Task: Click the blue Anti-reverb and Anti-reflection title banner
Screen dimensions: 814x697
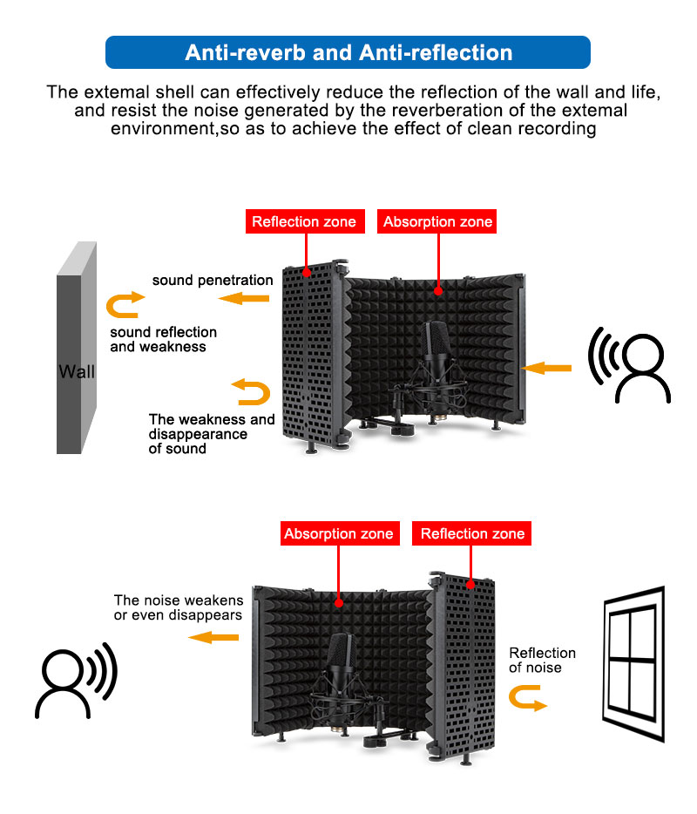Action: click(x=348, y=52)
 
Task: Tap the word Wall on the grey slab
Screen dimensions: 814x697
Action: click(x=77, y=372)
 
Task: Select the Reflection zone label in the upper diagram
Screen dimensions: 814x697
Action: click(x=304, y=221)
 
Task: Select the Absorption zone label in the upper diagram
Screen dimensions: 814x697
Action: click(x=438, y=221)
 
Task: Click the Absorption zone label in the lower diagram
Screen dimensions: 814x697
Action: click(x=338, y=533)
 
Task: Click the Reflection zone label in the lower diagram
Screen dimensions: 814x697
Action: click(x=472, y=533)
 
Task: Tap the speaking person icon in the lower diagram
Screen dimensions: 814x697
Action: click(x=75, y=679)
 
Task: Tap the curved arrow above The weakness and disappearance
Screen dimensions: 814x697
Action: click(x=250, y=391)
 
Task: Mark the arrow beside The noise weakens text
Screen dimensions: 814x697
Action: click(x=213, y=638)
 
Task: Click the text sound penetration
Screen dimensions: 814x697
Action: click(x=213, y=281)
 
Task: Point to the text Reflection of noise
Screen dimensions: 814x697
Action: click(x=542, y=660)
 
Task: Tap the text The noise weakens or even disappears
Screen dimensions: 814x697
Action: click(x=179, y=608)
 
